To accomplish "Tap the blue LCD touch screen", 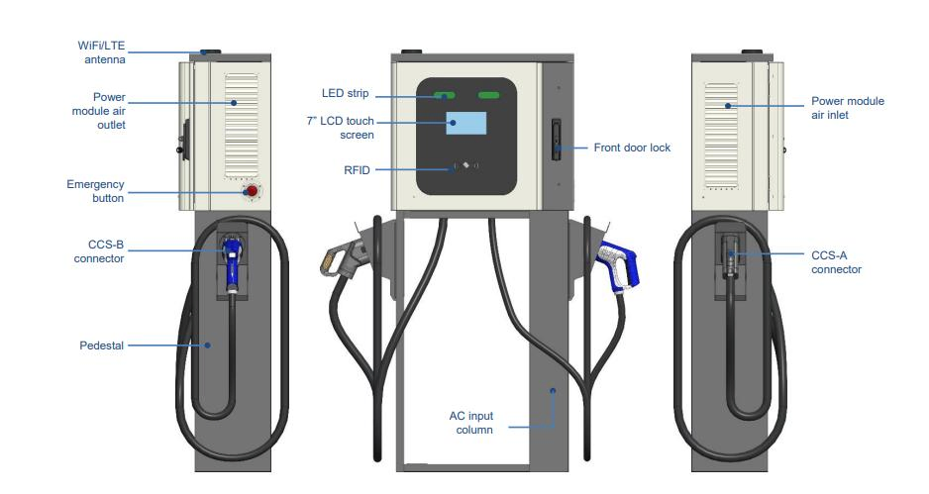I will pyautogui.click(x=466, y=123).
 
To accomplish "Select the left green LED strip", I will pyautogui.click(x=443, y=96).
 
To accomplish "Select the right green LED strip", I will pyautogui.click(x=490, y=96).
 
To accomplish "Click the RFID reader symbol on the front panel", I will pyautogui.click(x=465, y=165).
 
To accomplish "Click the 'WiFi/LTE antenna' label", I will pyautogui.click(x=103, y=53).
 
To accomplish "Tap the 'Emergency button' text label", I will pyautogui.click(x=95, y=191).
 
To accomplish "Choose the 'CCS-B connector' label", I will pyautogui.click(x=99, y=252).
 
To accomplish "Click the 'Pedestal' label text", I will pyautogui.click(x=101, y=346).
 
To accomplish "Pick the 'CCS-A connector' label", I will pyautogui.click(x=836, y=262).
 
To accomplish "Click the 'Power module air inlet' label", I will pyautogui.click(x=847, y=108).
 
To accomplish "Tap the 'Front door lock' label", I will pyautogui.click(x=632, y=148).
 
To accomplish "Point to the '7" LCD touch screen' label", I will pyautogui.click(x=341, y=128).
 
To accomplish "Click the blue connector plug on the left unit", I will pyautogui.click(x=232, y=264).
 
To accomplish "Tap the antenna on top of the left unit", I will pyautogui.click(x=211, y=50).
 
